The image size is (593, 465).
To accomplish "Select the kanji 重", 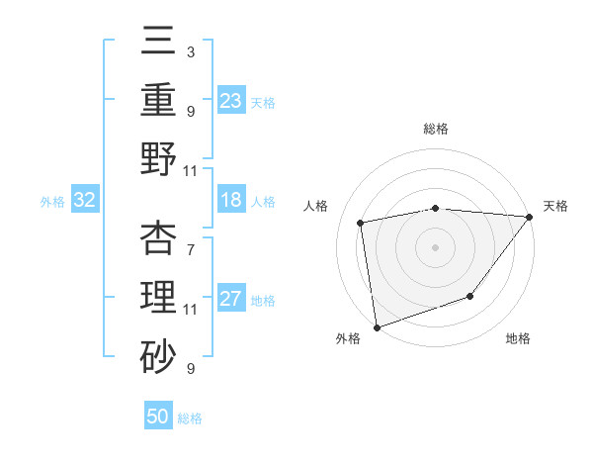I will (x=159, y=99).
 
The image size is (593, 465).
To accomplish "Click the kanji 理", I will (x=159, y=298).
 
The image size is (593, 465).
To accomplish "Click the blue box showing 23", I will (x=231, y=100).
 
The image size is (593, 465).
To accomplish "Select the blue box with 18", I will (x=231, y=200).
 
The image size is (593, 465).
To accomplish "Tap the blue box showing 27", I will (x=231, y=300).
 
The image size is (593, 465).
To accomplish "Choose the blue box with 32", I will (x=85, y=200).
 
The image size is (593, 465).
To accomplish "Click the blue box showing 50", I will (x=158, y=417).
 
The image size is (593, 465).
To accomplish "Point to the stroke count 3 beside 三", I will (x=190, y=50).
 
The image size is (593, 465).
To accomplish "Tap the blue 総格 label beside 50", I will (x=190, y=418).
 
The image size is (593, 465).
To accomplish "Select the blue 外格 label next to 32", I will (x=52, y=202).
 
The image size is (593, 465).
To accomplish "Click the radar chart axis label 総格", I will (x=435, y=129).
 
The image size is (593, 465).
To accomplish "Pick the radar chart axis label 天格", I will (x=555, y=206).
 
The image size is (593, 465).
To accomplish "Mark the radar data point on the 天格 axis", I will (x=530, y=217).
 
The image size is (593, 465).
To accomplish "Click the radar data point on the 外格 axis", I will (x=377, y=326).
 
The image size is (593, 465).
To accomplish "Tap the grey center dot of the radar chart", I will (x=435, y=246).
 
